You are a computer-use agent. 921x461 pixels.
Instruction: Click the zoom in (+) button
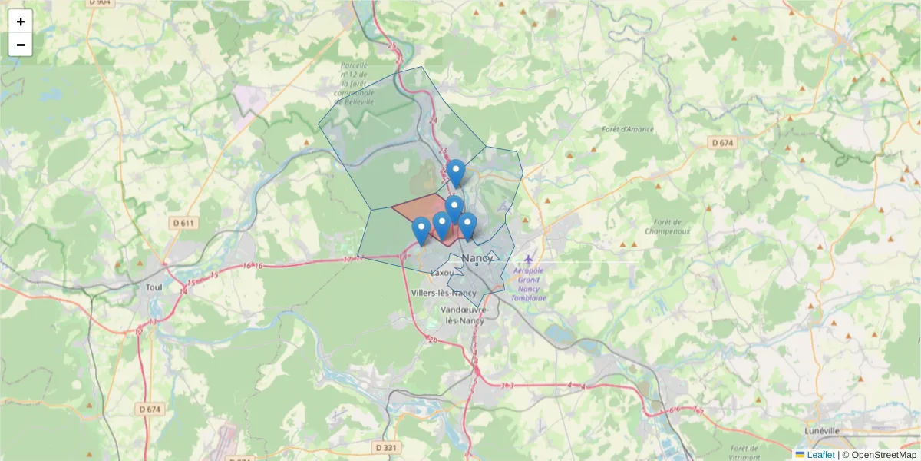click(21, 22)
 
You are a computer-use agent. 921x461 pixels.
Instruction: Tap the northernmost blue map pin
click(456, 172)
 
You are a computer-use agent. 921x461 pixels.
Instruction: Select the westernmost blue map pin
click(421, 230)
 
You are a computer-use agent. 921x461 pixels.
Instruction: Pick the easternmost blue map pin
click(467, 227)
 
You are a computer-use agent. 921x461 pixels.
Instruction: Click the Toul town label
click(153, 287)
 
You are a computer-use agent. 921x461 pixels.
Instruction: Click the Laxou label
click(444, 273)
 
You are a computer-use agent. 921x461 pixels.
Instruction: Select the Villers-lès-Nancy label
click(444, 293)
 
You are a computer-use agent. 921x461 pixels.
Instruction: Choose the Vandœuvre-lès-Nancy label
click(463, 315)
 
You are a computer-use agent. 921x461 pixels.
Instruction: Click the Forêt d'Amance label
click(629, 129)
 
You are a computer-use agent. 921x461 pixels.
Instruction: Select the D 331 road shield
click(388, 447)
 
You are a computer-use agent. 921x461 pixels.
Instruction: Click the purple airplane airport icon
click(530, 257)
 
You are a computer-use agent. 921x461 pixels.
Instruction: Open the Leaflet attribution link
click(820, 455)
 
